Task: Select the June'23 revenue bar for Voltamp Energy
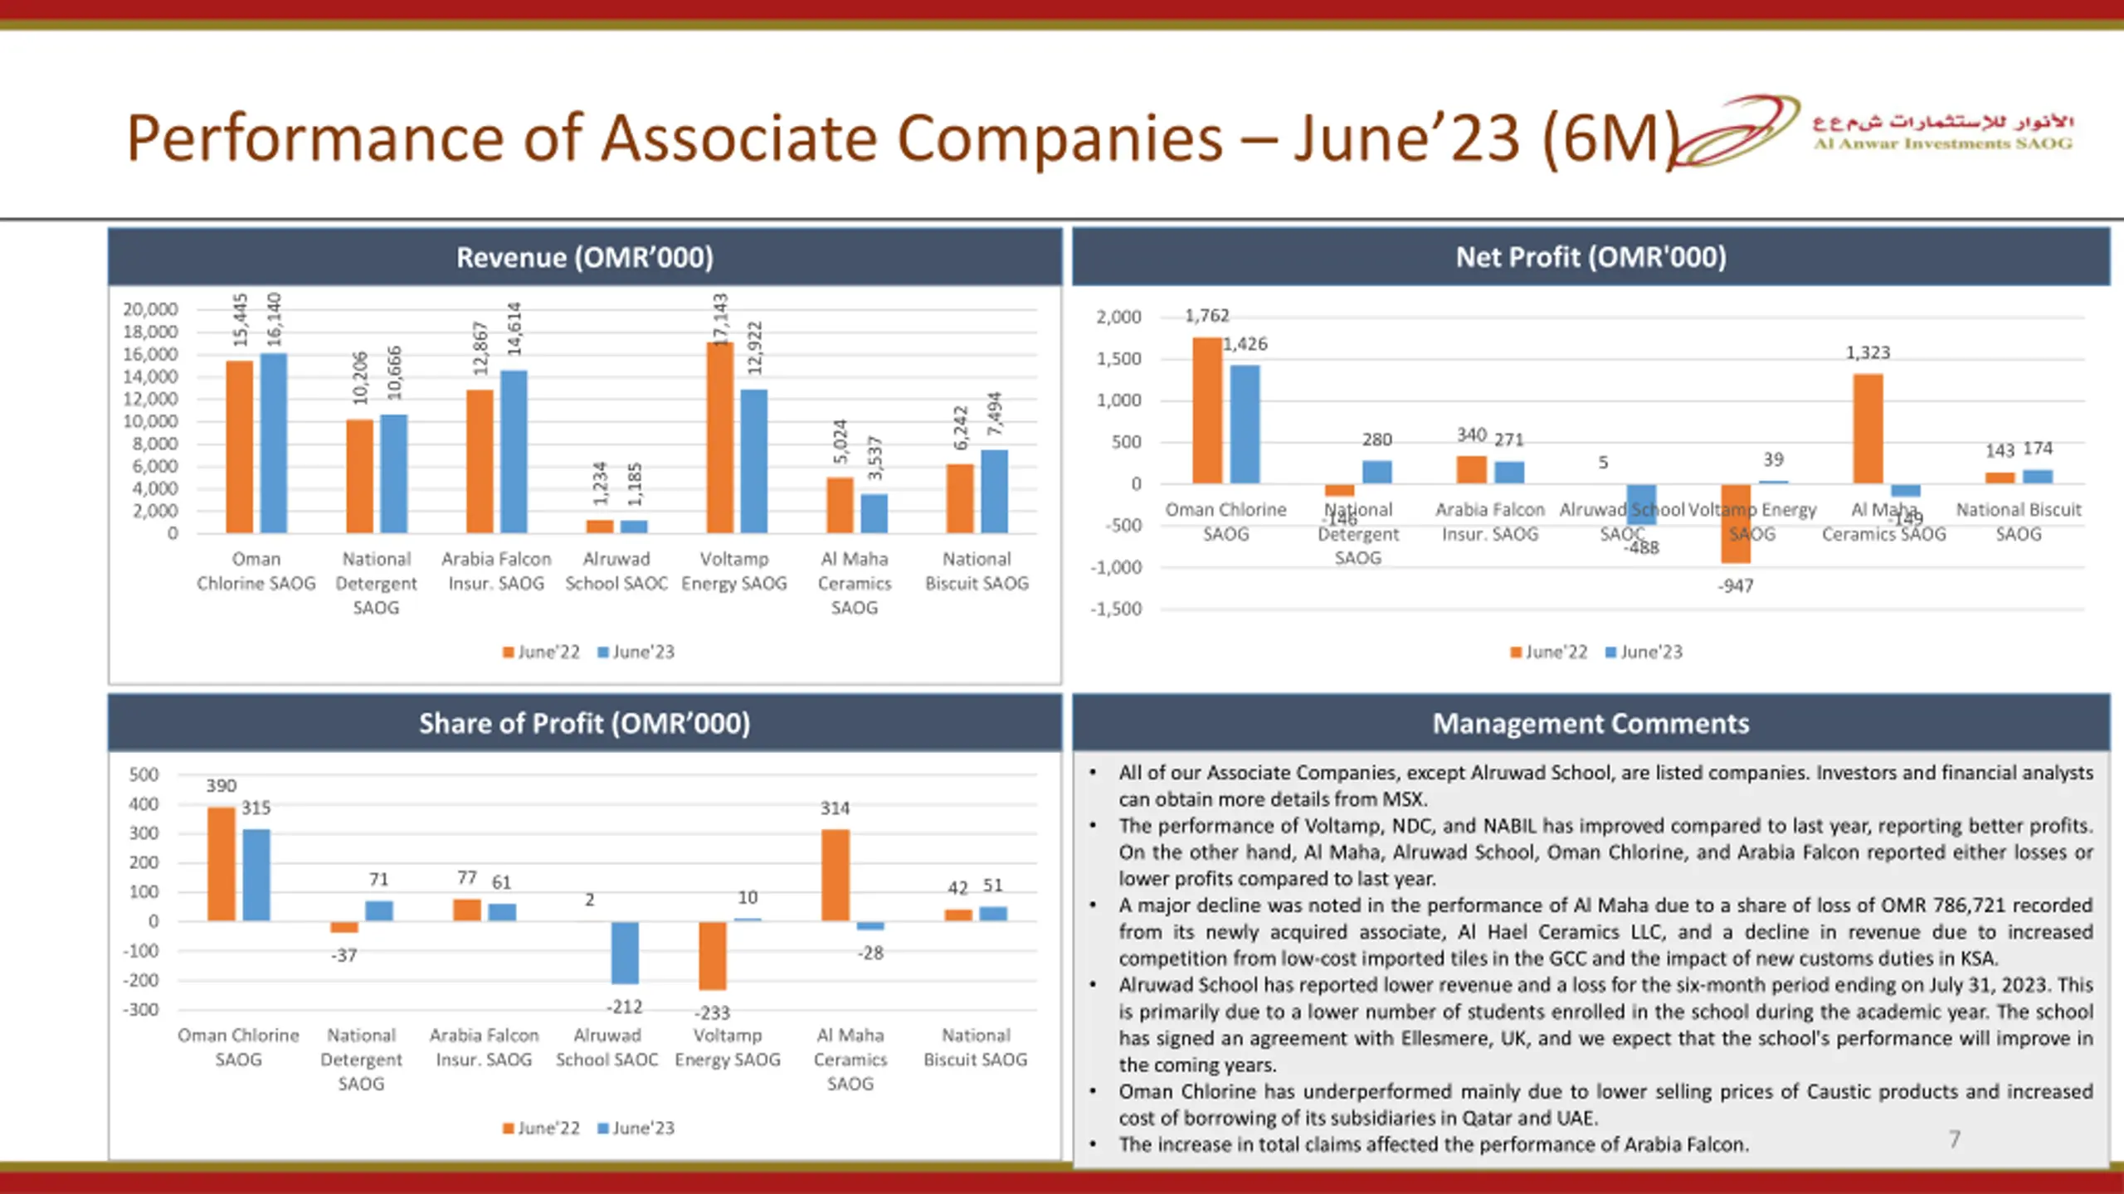pyautogui.click(x=753, y=461)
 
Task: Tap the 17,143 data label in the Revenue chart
pyautogui.click(x=720, y=318)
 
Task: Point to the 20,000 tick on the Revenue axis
pyautogui.click(x=150, y=309)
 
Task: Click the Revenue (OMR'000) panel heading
pyautogui.click(x=584, y=257)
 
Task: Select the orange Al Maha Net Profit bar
pyautogui.click(x=1868, y=428)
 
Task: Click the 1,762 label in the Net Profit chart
pyautogui.click(x=1206, y=316)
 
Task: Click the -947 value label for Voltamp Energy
pyautogui.click(x=1736, y=586)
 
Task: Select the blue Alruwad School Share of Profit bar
pyautogui.click(x=625, y=952)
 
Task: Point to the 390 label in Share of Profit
pyautogui.click(x=221, y=785)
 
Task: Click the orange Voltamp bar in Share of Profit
pyautogui.click(x=713, y=955)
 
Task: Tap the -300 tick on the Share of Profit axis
pyautogui.click(x=141, y=1010)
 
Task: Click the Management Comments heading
pyautogui.click(x=1590, y=723)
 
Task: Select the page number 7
pyautogui.click(x=1955, y=1139)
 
